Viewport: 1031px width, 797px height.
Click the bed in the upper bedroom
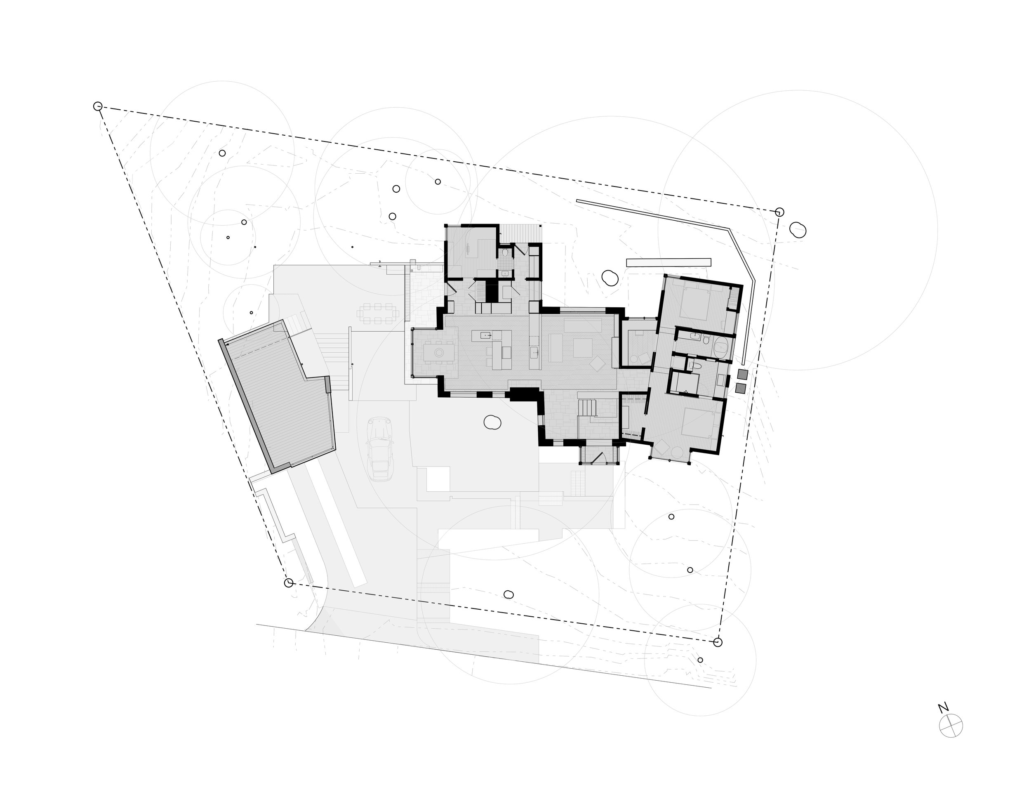696,302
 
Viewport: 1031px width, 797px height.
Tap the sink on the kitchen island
486,335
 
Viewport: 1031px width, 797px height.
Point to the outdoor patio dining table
378,314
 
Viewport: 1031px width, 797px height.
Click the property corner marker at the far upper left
98,106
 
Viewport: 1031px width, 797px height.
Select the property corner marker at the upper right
779,212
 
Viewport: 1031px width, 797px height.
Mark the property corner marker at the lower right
718,642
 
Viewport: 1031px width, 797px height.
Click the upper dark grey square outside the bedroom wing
743,375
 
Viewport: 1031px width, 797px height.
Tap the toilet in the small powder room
506,254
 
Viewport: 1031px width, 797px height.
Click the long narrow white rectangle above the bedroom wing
669,262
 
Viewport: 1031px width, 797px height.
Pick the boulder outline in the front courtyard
492,422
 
